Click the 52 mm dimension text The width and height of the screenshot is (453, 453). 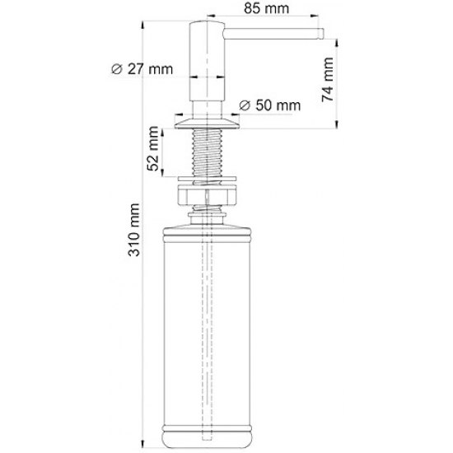coord(153,149)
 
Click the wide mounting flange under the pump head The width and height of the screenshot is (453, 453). coord(206,123)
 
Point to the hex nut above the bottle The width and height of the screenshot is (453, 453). coord(206,196)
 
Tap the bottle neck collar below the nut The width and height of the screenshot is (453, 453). coord(206,216)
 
